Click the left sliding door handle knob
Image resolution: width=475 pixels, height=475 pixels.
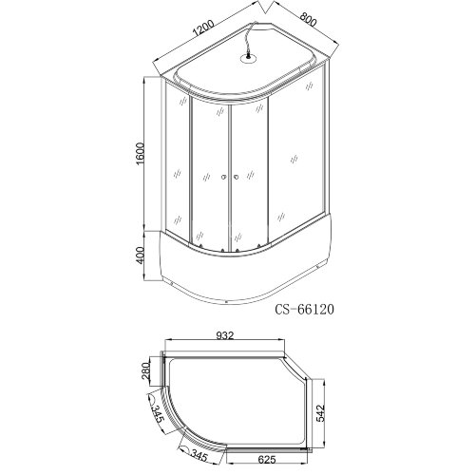coord(220,177)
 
